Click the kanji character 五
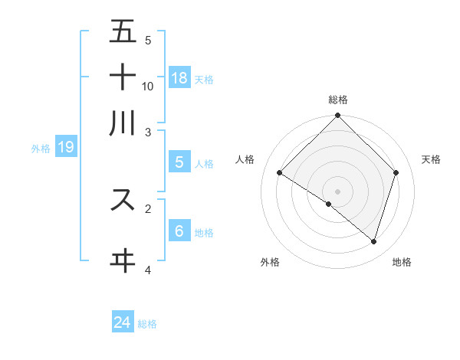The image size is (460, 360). (x=123, y=33)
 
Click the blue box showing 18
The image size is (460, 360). (x=179, y=77)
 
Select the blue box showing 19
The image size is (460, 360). (x=65, y=147)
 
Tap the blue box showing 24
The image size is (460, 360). (x=123, y=322)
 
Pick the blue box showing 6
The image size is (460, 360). (x=179, y=231)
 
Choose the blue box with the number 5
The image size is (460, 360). (x=179, y=162)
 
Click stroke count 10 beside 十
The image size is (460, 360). (x=148, y=86)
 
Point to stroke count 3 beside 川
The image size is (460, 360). (x=148, y=132)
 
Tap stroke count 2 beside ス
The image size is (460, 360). (x=148, y=207)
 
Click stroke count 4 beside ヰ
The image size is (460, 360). (x=148, y=270)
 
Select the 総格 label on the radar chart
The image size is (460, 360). (x=338, y=100)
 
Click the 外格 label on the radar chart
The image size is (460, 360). (x=270, y=262)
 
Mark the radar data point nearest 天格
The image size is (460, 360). (x=396, y=173)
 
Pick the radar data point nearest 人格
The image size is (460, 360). (x=280, y=173)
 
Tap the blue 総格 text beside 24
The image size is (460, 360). (x=147, y=324)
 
